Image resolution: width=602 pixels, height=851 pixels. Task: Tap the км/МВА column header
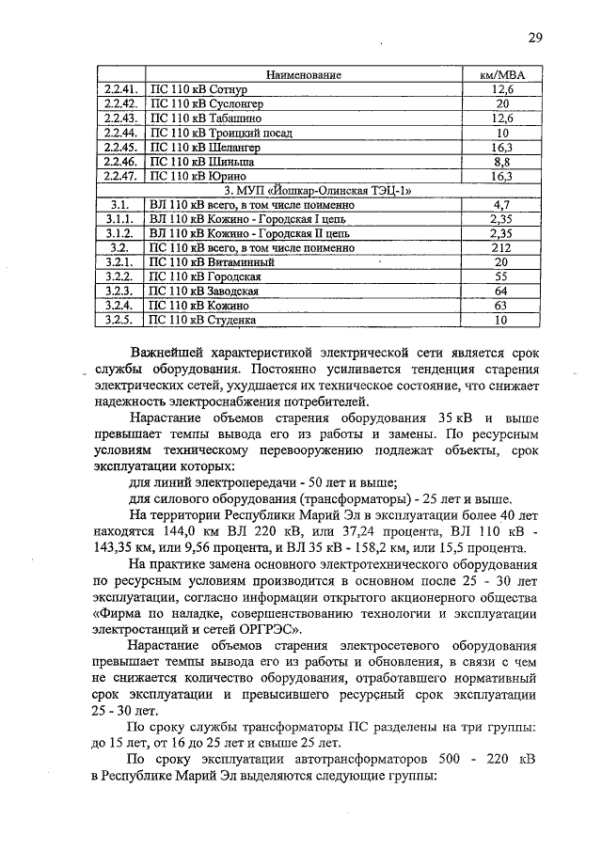tap(501, 74)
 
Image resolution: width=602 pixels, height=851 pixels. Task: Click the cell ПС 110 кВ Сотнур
tap(198, 88)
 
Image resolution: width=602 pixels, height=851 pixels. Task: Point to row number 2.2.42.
tap(120, 103)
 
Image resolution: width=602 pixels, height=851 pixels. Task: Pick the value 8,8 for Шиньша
tap(501, 162)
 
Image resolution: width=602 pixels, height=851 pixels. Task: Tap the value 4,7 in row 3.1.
tap(501, 204)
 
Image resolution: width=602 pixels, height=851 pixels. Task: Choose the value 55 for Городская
tap(501, 277)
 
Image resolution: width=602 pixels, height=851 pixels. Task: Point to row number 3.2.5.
tap(119, 321)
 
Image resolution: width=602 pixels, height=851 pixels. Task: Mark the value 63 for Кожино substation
tap(501, 306)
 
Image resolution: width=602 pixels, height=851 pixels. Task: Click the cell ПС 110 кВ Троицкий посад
tap(212, 133)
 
